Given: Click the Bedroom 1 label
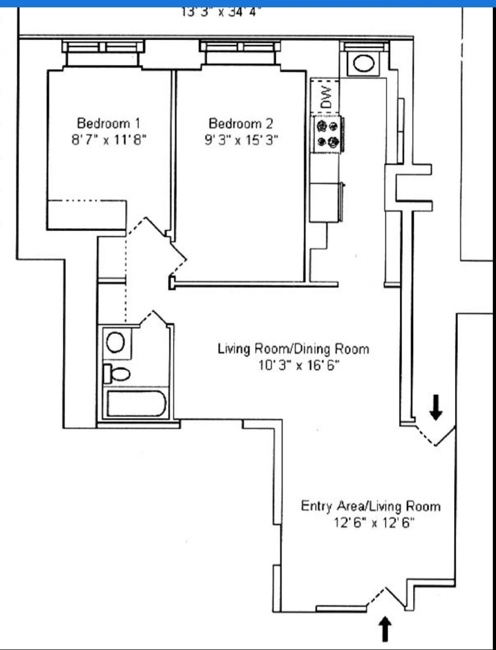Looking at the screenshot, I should click(108, 123).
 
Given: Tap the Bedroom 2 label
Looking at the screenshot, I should click(241, 123).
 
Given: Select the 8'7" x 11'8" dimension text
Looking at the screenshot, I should click(108, 139).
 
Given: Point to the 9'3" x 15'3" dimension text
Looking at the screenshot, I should click(241, 139).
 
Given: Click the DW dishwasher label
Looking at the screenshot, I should click(326, 97).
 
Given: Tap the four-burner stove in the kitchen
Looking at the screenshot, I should click(328, 134).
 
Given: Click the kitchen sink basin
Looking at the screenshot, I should click(364, 63).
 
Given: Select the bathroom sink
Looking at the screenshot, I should click(115, 342).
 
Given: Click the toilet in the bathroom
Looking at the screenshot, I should click(117, 373).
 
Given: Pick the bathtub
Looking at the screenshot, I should click(136, 404).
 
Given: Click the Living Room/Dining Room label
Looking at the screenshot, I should click(293, 349).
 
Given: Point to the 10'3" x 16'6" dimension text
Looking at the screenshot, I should click(299, 365).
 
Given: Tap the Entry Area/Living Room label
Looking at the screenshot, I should click(370, 506).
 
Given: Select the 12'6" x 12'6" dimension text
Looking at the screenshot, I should click(374, 523).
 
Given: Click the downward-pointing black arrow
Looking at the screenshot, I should click(436, 407).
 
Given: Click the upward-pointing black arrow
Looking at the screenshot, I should click(385, 629).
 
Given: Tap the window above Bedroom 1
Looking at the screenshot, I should click(103, 47).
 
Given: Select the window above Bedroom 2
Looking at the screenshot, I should click(240, 47).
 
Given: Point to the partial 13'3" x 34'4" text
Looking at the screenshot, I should click(221, 12).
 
